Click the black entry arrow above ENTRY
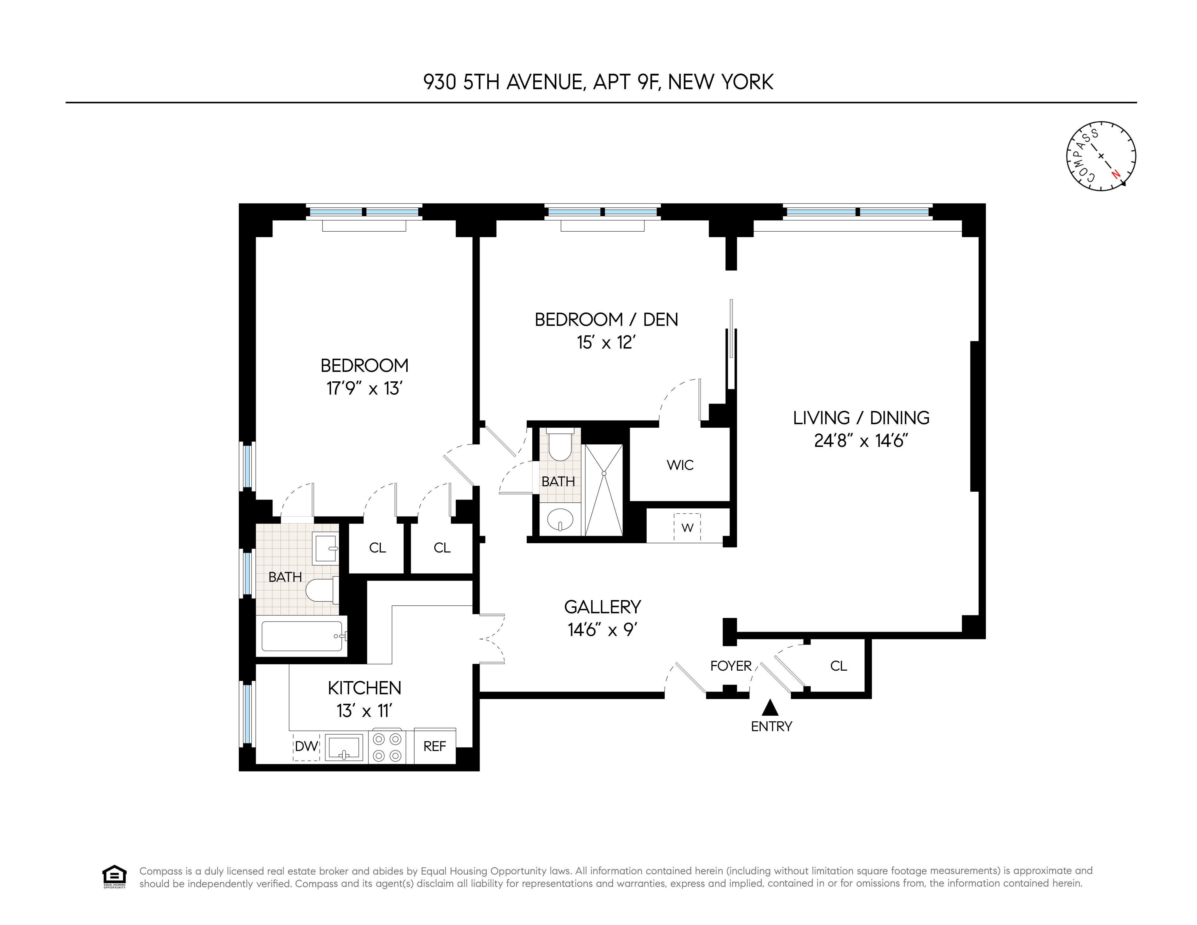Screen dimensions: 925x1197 tap(770, 708)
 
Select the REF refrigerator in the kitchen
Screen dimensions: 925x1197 tap(435, 746)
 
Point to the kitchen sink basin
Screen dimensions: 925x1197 tap(344, 747)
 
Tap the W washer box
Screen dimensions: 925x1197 tap(687, 528)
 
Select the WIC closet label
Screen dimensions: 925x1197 tap(680, 465)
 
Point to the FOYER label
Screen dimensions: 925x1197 tap(730, 666)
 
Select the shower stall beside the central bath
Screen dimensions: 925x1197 tap(604, 490)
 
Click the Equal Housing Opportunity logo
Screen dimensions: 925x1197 tap(114, 877)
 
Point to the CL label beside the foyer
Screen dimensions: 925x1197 tap(839, 666)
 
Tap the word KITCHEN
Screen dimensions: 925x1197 tap(364, 688)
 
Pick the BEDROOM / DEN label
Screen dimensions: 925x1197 tap(606, 320)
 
